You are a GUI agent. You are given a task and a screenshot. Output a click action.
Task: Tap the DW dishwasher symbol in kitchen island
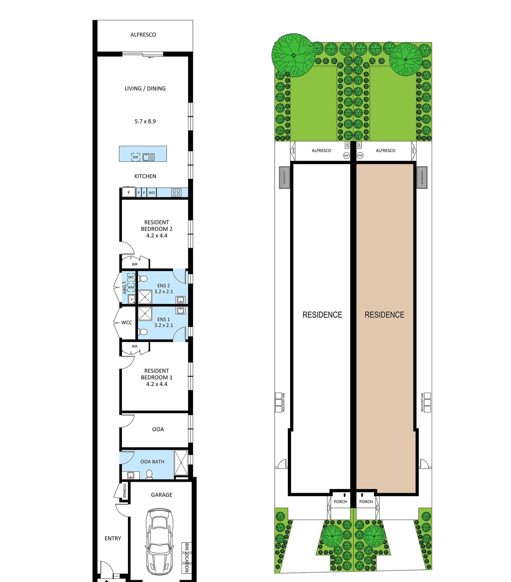point(135,157)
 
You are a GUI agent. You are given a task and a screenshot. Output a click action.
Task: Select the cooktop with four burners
point(176,193)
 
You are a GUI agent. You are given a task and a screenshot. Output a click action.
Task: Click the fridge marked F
point(129,192)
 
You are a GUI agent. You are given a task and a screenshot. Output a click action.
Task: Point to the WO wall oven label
point(152,193)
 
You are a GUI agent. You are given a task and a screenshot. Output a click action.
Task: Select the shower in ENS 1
point(145,314)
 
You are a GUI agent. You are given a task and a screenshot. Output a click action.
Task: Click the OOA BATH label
point(152,462)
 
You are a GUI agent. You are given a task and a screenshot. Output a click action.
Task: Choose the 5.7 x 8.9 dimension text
point(145,121)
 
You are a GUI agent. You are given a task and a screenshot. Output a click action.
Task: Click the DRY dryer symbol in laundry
point(131,277)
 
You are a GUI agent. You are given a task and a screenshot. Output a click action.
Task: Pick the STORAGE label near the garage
point(124,491)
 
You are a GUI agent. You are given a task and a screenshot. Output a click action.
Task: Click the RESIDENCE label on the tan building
point(384,315)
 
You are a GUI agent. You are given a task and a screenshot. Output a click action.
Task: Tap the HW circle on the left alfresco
point(346,155)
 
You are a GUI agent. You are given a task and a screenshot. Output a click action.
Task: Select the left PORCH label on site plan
point(340,501)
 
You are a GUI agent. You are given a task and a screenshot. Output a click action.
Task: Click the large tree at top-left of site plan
point(293,55)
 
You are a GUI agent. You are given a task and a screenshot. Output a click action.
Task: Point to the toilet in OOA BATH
point(149,474)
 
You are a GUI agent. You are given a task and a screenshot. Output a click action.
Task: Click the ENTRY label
point(113,538)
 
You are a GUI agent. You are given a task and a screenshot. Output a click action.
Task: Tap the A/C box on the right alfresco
point(359,145)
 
